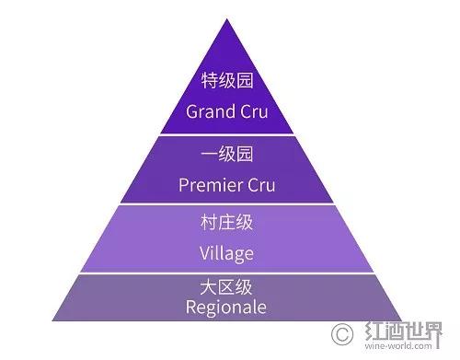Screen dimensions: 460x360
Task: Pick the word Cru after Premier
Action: click(264, 184)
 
